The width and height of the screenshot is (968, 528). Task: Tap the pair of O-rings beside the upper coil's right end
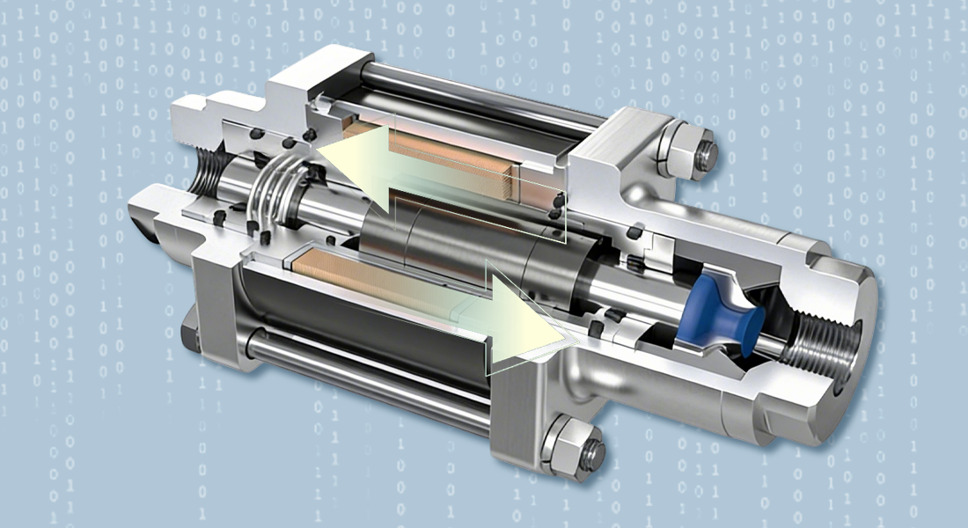click(x=556, y=208)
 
